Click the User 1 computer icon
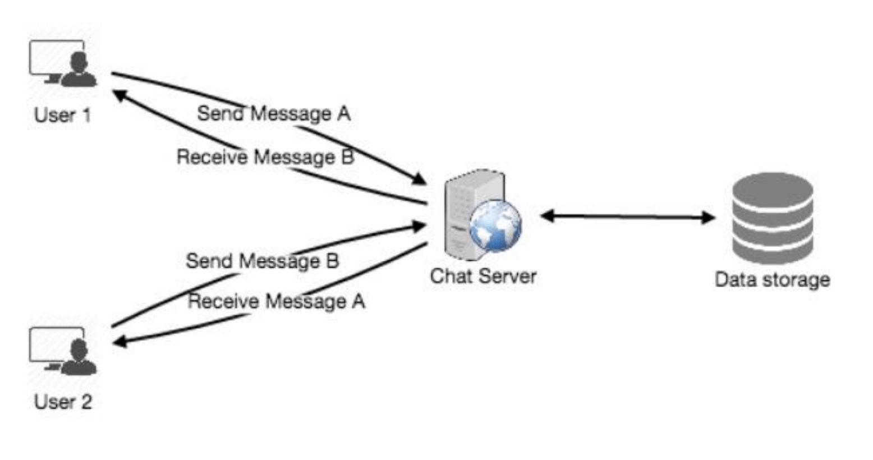tap(63, 63)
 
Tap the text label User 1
tap(62, 116)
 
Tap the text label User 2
tap(63, 402)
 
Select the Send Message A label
tap(273, 114)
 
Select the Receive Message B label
tap(265, 157)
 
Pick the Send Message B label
tap(263, 261)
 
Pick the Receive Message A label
tap(276, 302)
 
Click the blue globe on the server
tap(495, 226)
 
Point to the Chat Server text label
tap(483, 276)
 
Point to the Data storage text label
tap(772, 279)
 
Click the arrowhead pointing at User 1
tap(119, 95)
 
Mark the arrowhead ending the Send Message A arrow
tap(419, 179)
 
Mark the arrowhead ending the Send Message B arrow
tap(419, 226)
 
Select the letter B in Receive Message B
tap(347, 157)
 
